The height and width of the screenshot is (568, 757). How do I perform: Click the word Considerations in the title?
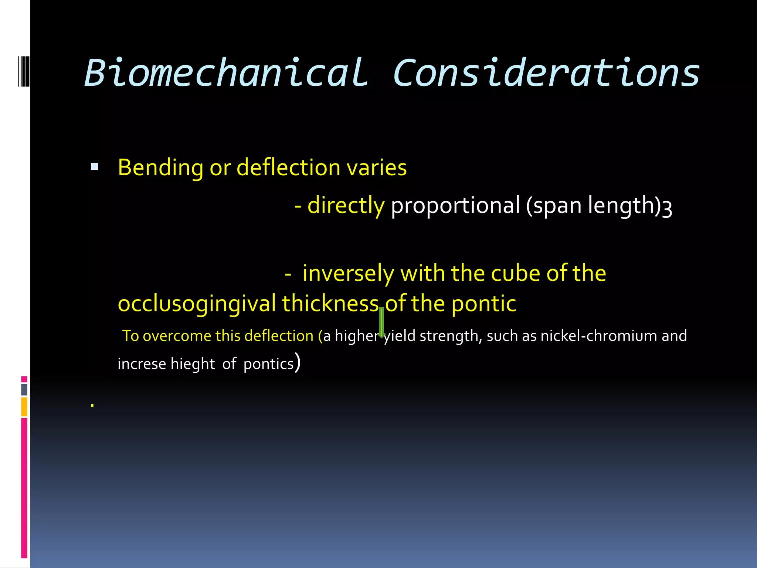pyautogui.click(x=546, y=73)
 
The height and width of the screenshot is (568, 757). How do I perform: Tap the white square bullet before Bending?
pyautogui.click(x=95, y=167)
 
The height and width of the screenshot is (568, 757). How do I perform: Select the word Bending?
pyautogui.click(x=160, y=168)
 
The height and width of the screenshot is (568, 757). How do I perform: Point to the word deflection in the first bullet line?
pyautogui.click(x=288, y=168)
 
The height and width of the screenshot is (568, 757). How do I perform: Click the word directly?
pyautogui.click(x=346, y=206)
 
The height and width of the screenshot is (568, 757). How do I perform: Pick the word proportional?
pyautogui.click(x=455, y=206)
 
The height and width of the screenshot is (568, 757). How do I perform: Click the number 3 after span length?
pyautogui.click(x=667, y=209)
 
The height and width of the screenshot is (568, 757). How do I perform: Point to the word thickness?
pyautogui.click(x=330, y=304)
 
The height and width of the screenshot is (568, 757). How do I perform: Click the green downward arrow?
pyautogui.click(x=381, y=322)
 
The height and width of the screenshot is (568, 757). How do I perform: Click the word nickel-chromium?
pyautogui.click(x=598, y=336)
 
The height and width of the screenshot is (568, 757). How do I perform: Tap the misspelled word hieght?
pyautogui.click(x=192, y=364)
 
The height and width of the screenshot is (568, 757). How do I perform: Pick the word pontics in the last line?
pyautogui.click(x=268, y=364)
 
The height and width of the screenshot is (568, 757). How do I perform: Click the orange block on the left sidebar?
pyautogui.click(x=24, y=407)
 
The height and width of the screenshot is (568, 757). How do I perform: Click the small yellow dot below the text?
pyautogui.click(x=92, y=406)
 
